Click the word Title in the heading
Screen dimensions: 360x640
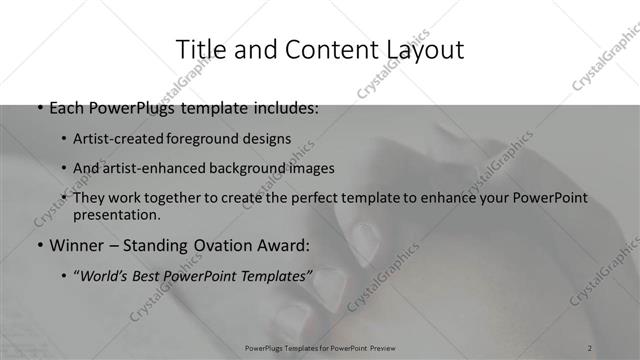tap(200, 49)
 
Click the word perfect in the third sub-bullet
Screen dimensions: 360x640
tap(315, 198)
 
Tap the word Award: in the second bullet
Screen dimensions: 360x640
tap(285, 245)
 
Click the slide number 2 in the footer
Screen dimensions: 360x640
tap(591, 348)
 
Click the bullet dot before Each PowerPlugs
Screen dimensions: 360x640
tap(38, 107)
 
